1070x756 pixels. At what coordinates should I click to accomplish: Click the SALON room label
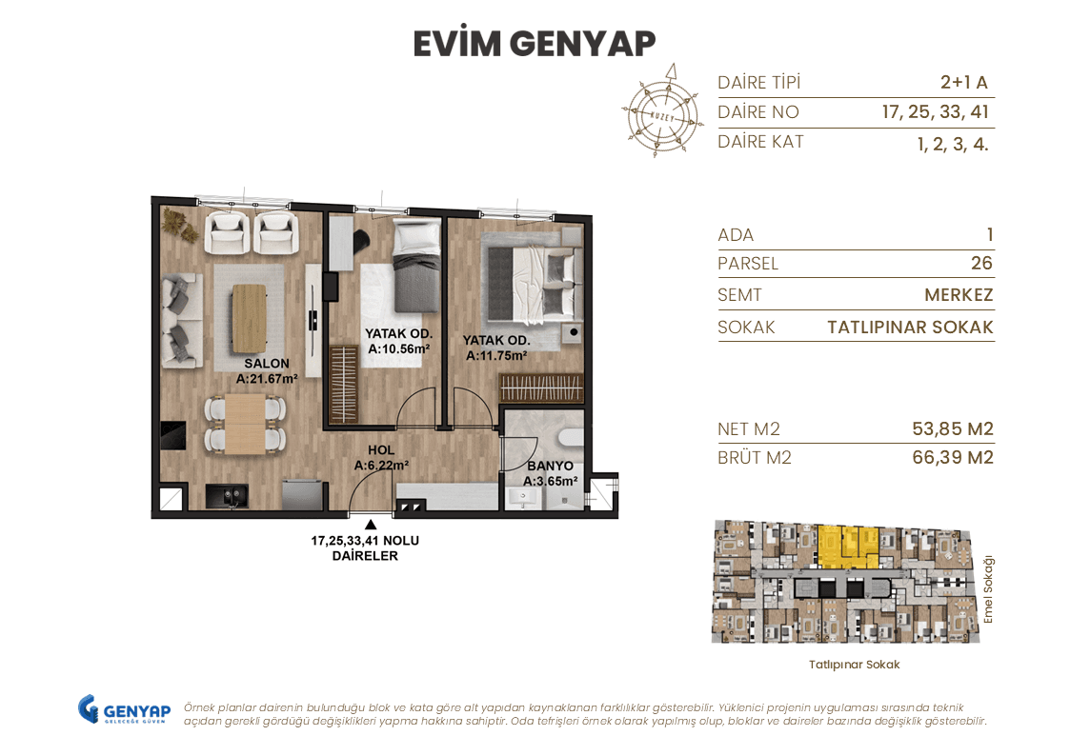tap(266, 364)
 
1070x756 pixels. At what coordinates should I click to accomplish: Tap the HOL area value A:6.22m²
tap(381, 466)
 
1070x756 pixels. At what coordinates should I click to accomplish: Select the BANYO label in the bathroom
tap(550, 467)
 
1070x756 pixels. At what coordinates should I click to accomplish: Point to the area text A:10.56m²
tap(398, 349)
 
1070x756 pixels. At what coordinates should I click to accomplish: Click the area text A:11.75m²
tap(496, 356)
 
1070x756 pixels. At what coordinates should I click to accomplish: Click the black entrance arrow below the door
tap(370, 524)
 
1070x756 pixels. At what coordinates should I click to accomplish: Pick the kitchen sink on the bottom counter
tap(229, 495)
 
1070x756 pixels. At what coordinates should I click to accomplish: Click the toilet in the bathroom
tap(570, 437)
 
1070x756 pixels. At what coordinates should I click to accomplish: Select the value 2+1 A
tap(963, 82)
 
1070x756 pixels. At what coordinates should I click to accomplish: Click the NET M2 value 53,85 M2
tap(952, 429)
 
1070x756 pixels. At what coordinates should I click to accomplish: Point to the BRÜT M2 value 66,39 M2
tap(952, 458)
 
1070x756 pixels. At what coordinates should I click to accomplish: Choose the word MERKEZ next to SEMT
tap(959, 295)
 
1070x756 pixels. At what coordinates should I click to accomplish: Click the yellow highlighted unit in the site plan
tap(847, 546)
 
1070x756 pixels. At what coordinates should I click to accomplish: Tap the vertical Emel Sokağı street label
tap(988, 589)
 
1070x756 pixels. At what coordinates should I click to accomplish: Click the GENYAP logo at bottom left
tap(124, 710)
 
